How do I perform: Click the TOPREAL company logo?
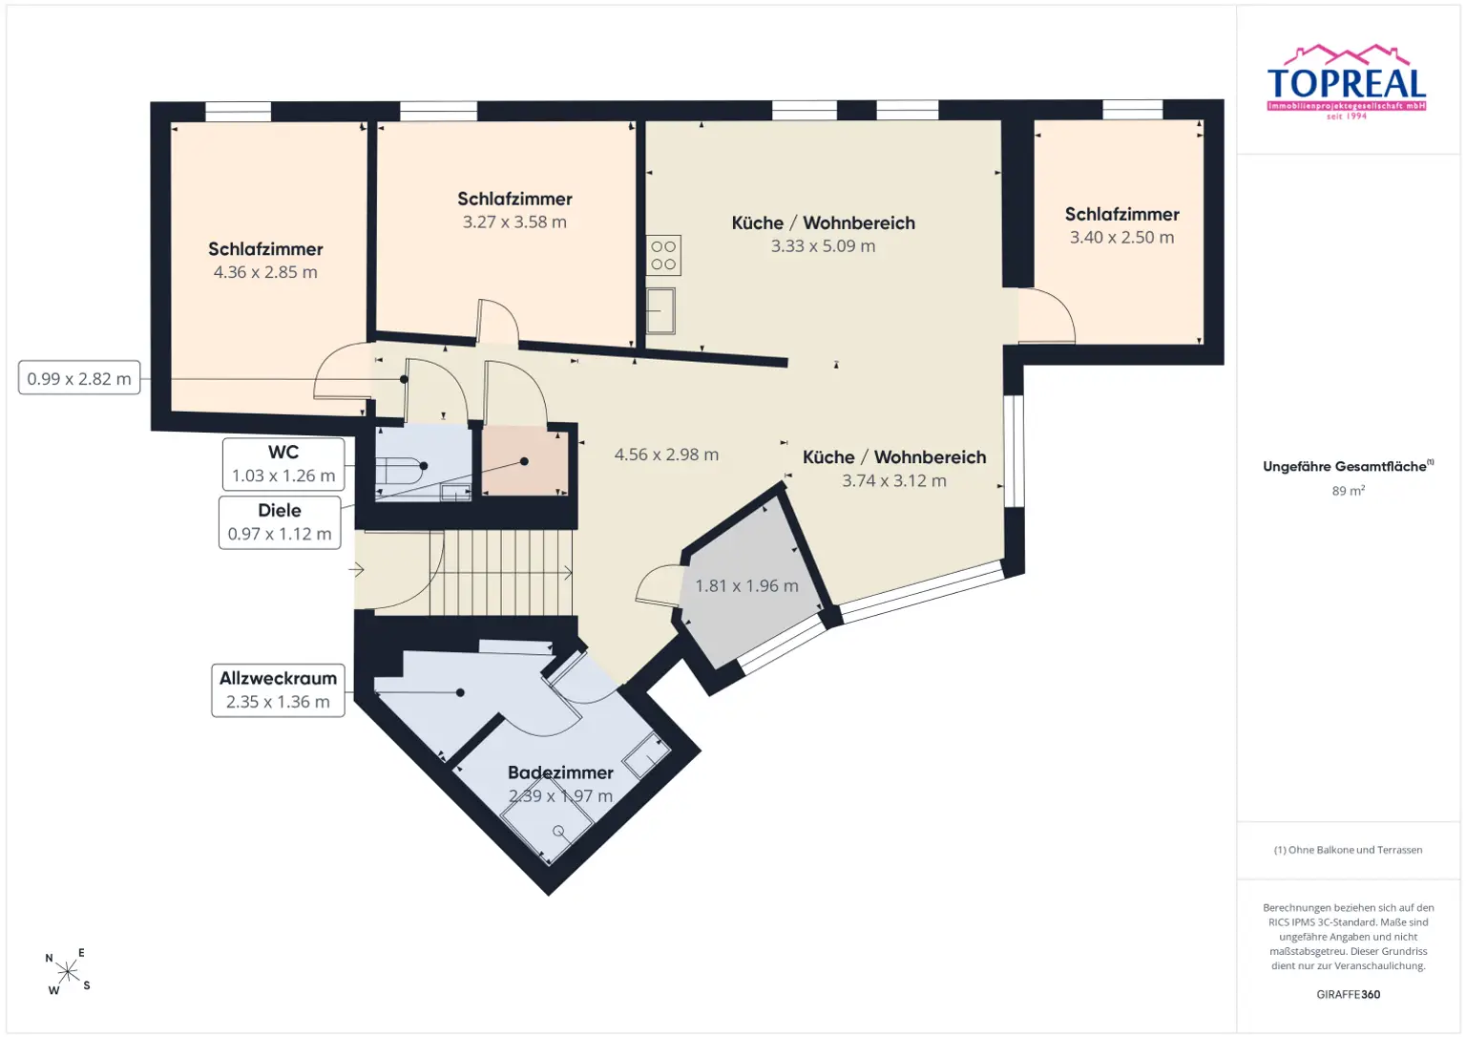[1347, 82]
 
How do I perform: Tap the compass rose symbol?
[68, 971]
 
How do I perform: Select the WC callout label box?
[283, 463]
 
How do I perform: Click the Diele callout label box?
[280, 522]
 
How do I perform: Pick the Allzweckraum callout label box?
[278, 690]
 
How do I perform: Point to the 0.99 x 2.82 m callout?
[79, 378]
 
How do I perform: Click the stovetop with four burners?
[663, 255]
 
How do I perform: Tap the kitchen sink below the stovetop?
[660, 311]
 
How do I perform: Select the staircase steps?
[502, 572]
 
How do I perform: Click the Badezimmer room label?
[561, 772]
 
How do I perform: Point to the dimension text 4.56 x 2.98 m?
[666, 455]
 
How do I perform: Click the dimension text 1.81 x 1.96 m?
[746, 585]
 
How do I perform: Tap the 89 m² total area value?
[1349, 491]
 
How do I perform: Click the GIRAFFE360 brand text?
[1349, 994]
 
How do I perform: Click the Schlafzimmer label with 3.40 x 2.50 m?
[1121, 214]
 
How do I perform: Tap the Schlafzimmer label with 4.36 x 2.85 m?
[265, 249]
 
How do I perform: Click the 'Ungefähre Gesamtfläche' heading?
[1344, 466]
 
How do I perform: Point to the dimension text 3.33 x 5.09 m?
[823, 245]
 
